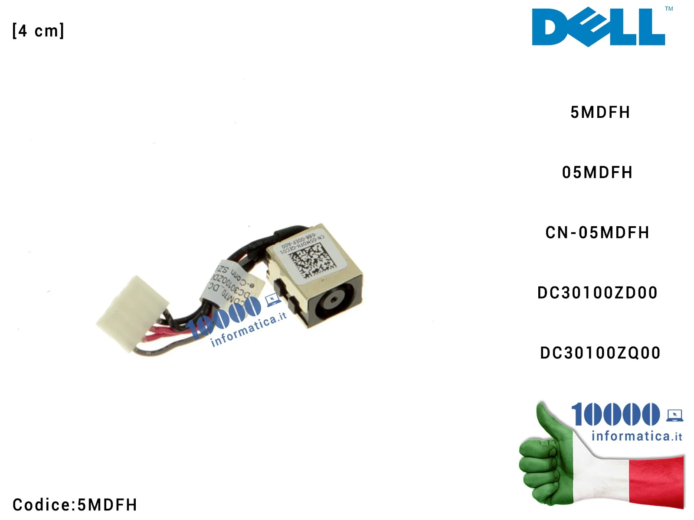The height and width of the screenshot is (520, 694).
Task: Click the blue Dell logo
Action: click(x=598, y=27)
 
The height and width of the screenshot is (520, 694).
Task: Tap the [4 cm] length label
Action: click(x=39, y=31)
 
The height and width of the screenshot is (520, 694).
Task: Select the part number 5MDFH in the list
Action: click(x=600, y=112)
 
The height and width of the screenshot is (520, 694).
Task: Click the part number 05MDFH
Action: click(x=597, y=172)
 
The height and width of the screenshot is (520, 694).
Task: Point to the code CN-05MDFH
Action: click(x=597, y=233)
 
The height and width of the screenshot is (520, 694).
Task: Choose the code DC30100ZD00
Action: click(x=597, y=293)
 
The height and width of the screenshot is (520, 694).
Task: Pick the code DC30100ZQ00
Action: click(x=600, y=353)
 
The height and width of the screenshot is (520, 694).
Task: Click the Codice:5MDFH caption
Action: click(x=75, y=505)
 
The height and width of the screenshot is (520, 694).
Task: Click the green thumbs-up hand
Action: click(x=547, y=459)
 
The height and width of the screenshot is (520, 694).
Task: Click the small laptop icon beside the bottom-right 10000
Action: click(x=674, y=415)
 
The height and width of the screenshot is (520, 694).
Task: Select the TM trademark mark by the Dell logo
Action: click(x=669, y=9)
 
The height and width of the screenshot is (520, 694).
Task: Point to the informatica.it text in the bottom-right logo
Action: click(x=636, y=436)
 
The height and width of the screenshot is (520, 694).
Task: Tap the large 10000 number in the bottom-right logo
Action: click(x=615, y=414)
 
